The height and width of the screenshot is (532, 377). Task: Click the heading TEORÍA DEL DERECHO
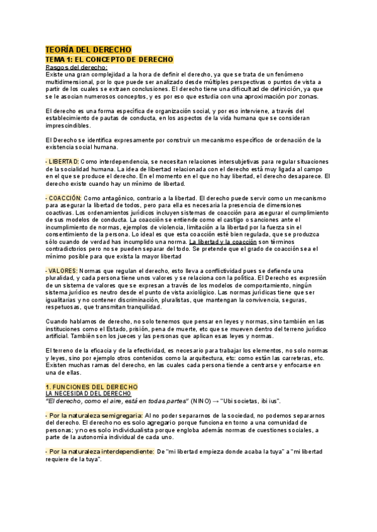[x=87, y=49]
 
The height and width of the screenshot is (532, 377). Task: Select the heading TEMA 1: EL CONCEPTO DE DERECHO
[x=109, y=59]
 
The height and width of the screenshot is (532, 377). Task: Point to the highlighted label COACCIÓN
[x=65, y=198]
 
